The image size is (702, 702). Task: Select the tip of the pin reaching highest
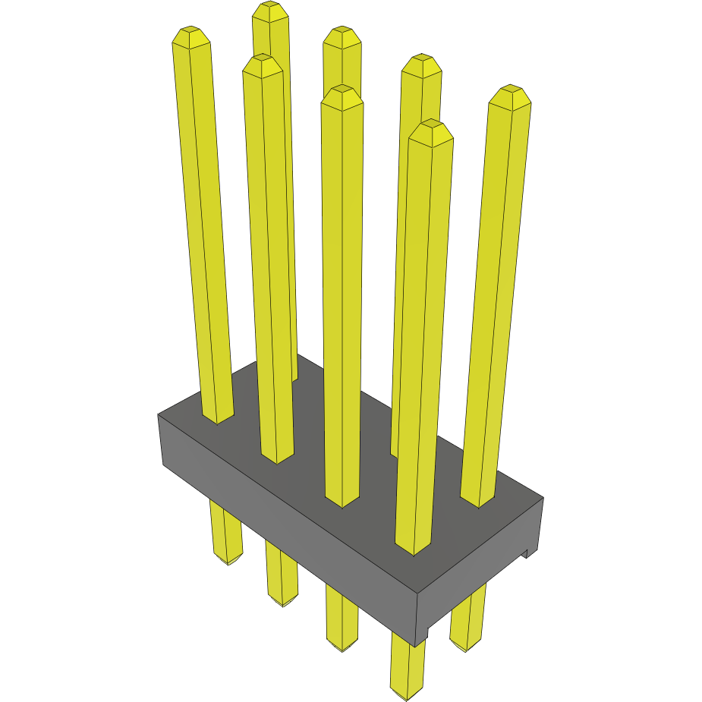coord(271,9)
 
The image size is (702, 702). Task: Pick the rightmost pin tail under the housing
coord(467,619)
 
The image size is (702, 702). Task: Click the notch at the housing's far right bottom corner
coord(526,554)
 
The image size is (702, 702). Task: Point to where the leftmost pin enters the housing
coord(217,418)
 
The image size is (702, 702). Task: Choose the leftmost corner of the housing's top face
coord(158,414)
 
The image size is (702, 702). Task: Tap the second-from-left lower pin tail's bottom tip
coord(282,601)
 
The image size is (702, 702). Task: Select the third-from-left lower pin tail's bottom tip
coord(342,647)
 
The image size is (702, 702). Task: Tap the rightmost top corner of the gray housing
coord(543,499)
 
